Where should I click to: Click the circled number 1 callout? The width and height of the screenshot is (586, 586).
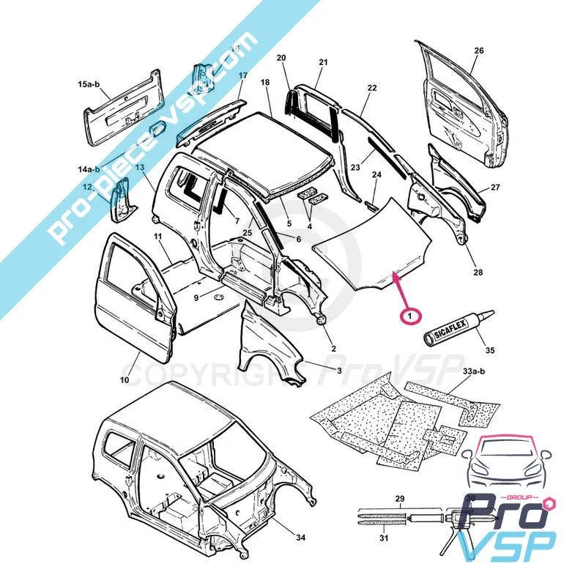pyautogui.click(x=411, y=316)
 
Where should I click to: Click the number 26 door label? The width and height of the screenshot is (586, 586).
pyautogui.click(x=479, y=51)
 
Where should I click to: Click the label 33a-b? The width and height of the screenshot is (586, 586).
pyautogui.click(x=475, y=373)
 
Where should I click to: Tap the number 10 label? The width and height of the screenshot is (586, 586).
pyautogui.click(x=125, y=380)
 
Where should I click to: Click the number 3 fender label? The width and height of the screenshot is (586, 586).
pyautogui.click(x=338, y=371)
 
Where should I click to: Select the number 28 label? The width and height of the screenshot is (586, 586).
pyautogui.click(x=478, y=272)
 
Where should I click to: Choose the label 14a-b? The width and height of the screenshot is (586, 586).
pyautogui.click(x=89, y=169)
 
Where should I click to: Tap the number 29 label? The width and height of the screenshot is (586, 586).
pyautogui.click(x=399, y=499)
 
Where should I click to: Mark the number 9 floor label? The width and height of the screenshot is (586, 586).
pyautogui.click(x=196, y=297)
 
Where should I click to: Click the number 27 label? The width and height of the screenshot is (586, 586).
pyautogui.click(x=495, y=188)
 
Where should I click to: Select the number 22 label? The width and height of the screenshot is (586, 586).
pyautogui.click(x=372, y=88)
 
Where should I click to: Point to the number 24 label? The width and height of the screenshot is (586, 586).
pyautogui.click(x=377, y=175)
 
